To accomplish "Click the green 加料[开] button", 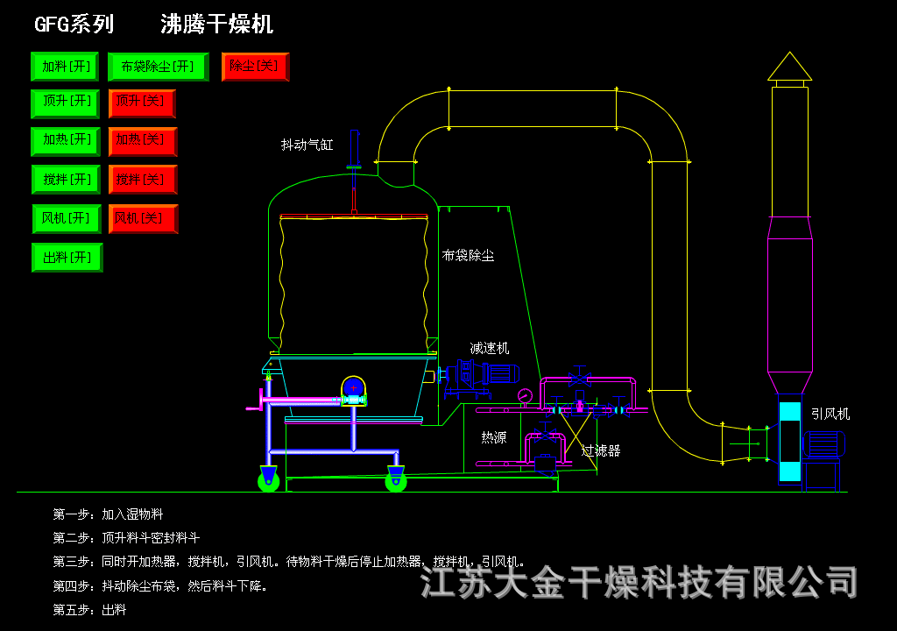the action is [65, 67].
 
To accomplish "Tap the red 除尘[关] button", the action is [255, 67].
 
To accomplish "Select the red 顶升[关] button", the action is [142, 103].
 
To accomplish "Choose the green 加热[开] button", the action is [66, 141].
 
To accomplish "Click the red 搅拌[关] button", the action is [143, 180].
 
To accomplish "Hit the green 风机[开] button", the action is [67, 219].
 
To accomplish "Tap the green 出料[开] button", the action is [67, 258].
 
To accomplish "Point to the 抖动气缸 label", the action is [307, 145].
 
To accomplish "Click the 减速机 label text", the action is [489, 348].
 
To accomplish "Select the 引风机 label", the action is [830, 414].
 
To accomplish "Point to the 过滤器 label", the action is [601, 450].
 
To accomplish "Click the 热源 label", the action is [494, 437].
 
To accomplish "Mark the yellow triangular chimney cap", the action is [789, 67].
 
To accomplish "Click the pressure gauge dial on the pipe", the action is [525, 395].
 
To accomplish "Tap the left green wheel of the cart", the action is [268, 481].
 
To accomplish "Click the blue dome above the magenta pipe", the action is [354, 386].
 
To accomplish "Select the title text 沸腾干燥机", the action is [217, 24].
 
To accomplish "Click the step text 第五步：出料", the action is [90, 610].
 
